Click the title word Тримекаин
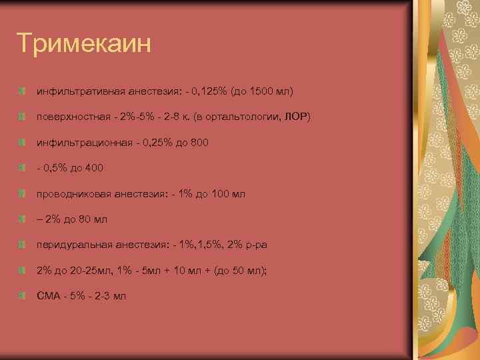(x=85, y=44)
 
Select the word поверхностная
(x=73, y=117)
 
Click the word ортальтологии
(x=246, y=117)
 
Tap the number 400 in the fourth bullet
(x=94, y=168)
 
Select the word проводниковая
(x=71, y=194)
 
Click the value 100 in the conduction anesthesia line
(x=219, y=194)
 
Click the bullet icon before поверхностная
(x=23, y=117)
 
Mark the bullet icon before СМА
(x=23, y=296)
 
